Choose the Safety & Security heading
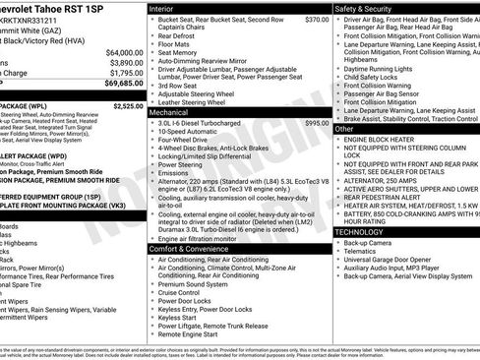pos(366,8)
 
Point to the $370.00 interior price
pos(317,20)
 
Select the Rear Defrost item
pos(178,36)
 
